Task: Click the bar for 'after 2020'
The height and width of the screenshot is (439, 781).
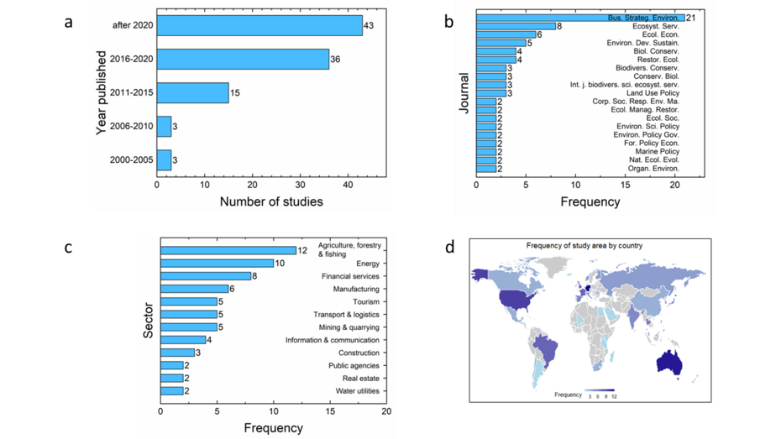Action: coord(259,26)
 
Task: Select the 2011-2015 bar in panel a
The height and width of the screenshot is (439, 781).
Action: coord(192,92)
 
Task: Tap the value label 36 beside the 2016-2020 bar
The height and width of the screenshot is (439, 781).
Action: coord(335,60)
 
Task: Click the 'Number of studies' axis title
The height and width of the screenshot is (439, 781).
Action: coord(271,201)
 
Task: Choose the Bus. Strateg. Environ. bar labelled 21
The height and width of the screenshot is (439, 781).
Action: coord(579,18)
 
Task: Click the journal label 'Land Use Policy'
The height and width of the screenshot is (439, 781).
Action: coord(654,93)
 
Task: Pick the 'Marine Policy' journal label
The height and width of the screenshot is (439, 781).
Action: coord(656,151)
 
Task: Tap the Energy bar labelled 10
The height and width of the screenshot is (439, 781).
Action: coord(217,263)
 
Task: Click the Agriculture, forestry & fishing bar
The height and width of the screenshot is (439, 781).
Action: coord(228,250)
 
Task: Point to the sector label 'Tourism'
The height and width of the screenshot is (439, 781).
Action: coord(366,301)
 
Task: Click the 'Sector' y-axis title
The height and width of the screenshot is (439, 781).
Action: coord(149,321)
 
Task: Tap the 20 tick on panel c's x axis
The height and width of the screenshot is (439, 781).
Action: coord(385,412)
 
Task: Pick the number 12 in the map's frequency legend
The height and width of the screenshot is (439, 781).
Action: coord(614,395)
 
